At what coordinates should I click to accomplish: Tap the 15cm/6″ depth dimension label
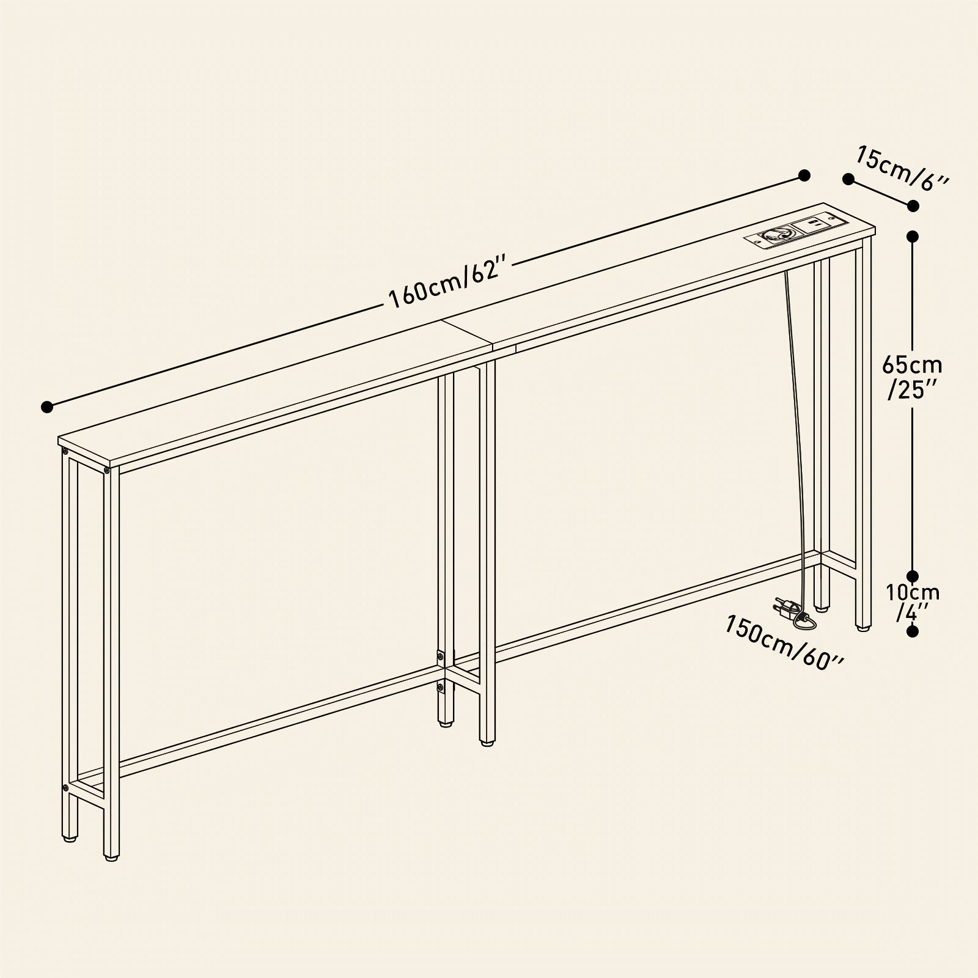pyautogui.click(x=902, y=167)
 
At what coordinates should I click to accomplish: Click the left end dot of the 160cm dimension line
pyautogui.click(x=46, y=406)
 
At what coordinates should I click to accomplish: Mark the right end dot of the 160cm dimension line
pyautogui.click(x=804, y=176)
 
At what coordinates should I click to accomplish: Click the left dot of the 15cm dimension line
pyautogui.click(x=848, y=179)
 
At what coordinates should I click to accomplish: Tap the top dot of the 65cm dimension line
pyautogui.click(x=913, y=236)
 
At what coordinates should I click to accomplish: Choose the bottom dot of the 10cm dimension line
pyautogui.click(x=913, y=632)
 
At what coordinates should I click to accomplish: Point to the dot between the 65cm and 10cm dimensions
pyautogui.click(x=913, y=576)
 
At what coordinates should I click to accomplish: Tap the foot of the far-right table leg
pyautogui.click(x=862, y=628)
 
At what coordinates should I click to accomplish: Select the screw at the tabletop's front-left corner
pyautogui.click(x=64, y=452)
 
